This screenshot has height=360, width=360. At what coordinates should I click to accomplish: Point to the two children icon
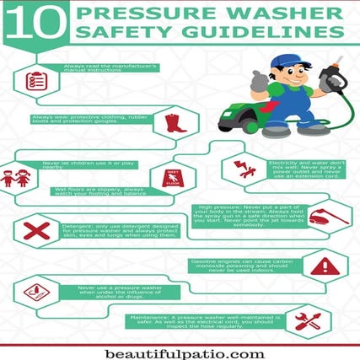coord(18,179)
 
